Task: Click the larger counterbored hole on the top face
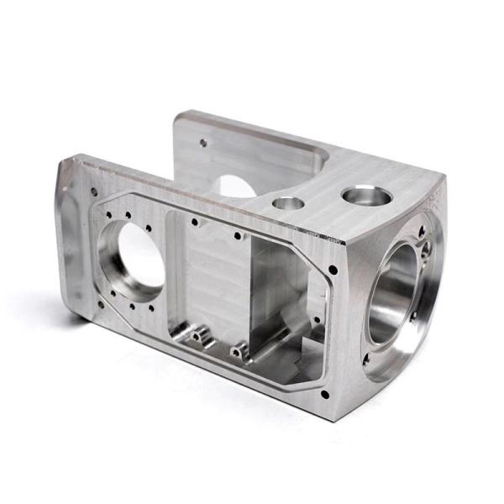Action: (367, 197)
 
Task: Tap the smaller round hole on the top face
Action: (288, 203)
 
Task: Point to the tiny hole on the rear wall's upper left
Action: (202, 143)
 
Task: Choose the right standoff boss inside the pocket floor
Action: (239, 346)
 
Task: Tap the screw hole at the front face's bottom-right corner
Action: (324, 393)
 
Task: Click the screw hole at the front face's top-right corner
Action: (333, 270)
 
